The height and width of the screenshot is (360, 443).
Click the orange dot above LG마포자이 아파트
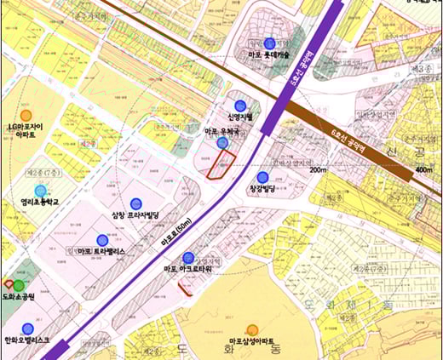click(26, 115)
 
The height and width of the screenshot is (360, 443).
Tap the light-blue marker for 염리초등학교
click(40, 191)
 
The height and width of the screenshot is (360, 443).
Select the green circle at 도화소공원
click(18, 284)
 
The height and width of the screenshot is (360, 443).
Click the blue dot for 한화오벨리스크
click(27, 329)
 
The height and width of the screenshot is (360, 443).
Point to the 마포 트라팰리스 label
click(101, 253)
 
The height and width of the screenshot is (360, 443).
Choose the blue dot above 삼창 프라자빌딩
click(136, 203)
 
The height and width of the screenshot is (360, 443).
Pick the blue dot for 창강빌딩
click(262, 176)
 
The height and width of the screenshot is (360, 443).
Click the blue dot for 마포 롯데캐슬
click(270, 43)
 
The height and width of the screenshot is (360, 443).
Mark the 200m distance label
click(319, 170)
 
